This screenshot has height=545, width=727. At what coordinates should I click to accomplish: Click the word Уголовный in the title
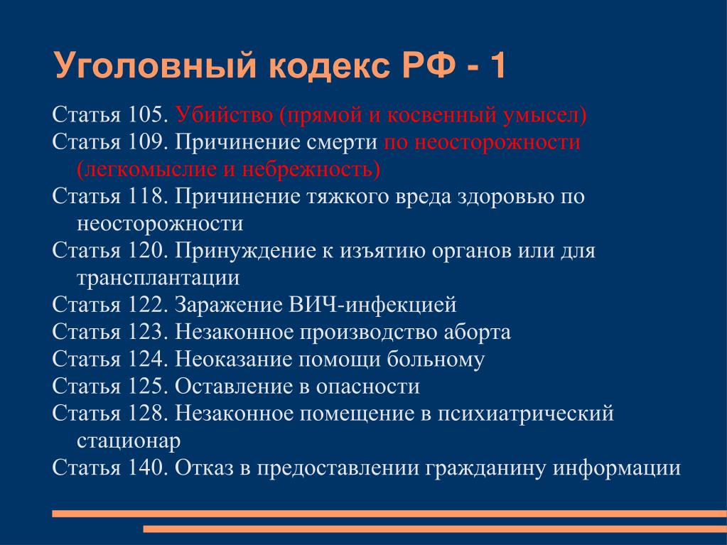(156, 66)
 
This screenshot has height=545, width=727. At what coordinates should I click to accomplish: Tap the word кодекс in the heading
(329, 66)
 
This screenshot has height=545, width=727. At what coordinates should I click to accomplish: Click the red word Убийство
(224, 114)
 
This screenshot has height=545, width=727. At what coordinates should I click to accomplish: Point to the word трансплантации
(158, 278)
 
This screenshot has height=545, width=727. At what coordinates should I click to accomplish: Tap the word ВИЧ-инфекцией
(372, 305)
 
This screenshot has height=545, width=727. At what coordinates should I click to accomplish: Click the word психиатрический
(526, 414)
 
